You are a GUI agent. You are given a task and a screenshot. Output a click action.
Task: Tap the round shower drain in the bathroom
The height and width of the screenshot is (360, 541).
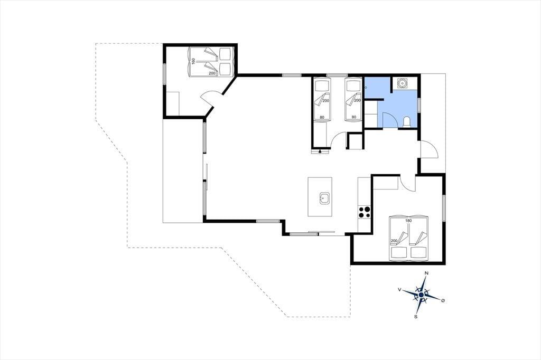[x=402, y=83]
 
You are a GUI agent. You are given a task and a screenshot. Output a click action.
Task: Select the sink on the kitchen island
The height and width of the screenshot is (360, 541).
[x=324, y=198]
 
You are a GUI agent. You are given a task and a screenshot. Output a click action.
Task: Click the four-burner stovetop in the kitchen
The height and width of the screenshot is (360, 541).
[x=365, y=212]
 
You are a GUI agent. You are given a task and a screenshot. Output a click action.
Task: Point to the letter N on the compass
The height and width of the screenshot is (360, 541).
[x=426, y=273]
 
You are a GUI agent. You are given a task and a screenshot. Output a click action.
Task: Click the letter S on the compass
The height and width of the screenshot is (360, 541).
[x=416, y=316]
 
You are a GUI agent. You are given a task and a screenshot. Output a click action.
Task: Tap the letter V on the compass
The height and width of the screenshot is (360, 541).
[x=399, y=290]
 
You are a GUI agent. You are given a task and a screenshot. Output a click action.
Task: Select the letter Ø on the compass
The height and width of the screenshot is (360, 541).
[x=443, y=301]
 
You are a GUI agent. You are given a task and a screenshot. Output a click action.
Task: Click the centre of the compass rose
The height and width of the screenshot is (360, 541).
[x=421, y=295]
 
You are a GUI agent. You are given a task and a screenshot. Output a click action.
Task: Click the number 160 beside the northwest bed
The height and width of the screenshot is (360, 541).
[x=193, y=61]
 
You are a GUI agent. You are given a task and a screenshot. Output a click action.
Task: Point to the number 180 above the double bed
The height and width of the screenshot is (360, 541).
[x=408, y=221]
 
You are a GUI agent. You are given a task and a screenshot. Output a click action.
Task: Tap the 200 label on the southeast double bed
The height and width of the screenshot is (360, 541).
[x=394, y=241]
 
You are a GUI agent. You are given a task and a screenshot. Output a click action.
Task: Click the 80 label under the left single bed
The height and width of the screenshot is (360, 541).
[x=322, y=117]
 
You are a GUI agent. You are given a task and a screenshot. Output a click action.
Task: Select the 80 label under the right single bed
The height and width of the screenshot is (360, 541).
[x=353, y=117]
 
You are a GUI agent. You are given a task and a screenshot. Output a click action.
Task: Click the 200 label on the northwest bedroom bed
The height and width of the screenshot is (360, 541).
[x=212, y=73]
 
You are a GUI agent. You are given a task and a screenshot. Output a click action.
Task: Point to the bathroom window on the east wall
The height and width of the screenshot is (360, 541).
[x=419, y=105]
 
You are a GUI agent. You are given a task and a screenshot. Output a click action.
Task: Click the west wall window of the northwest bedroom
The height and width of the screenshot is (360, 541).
[x=165, y=73]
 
